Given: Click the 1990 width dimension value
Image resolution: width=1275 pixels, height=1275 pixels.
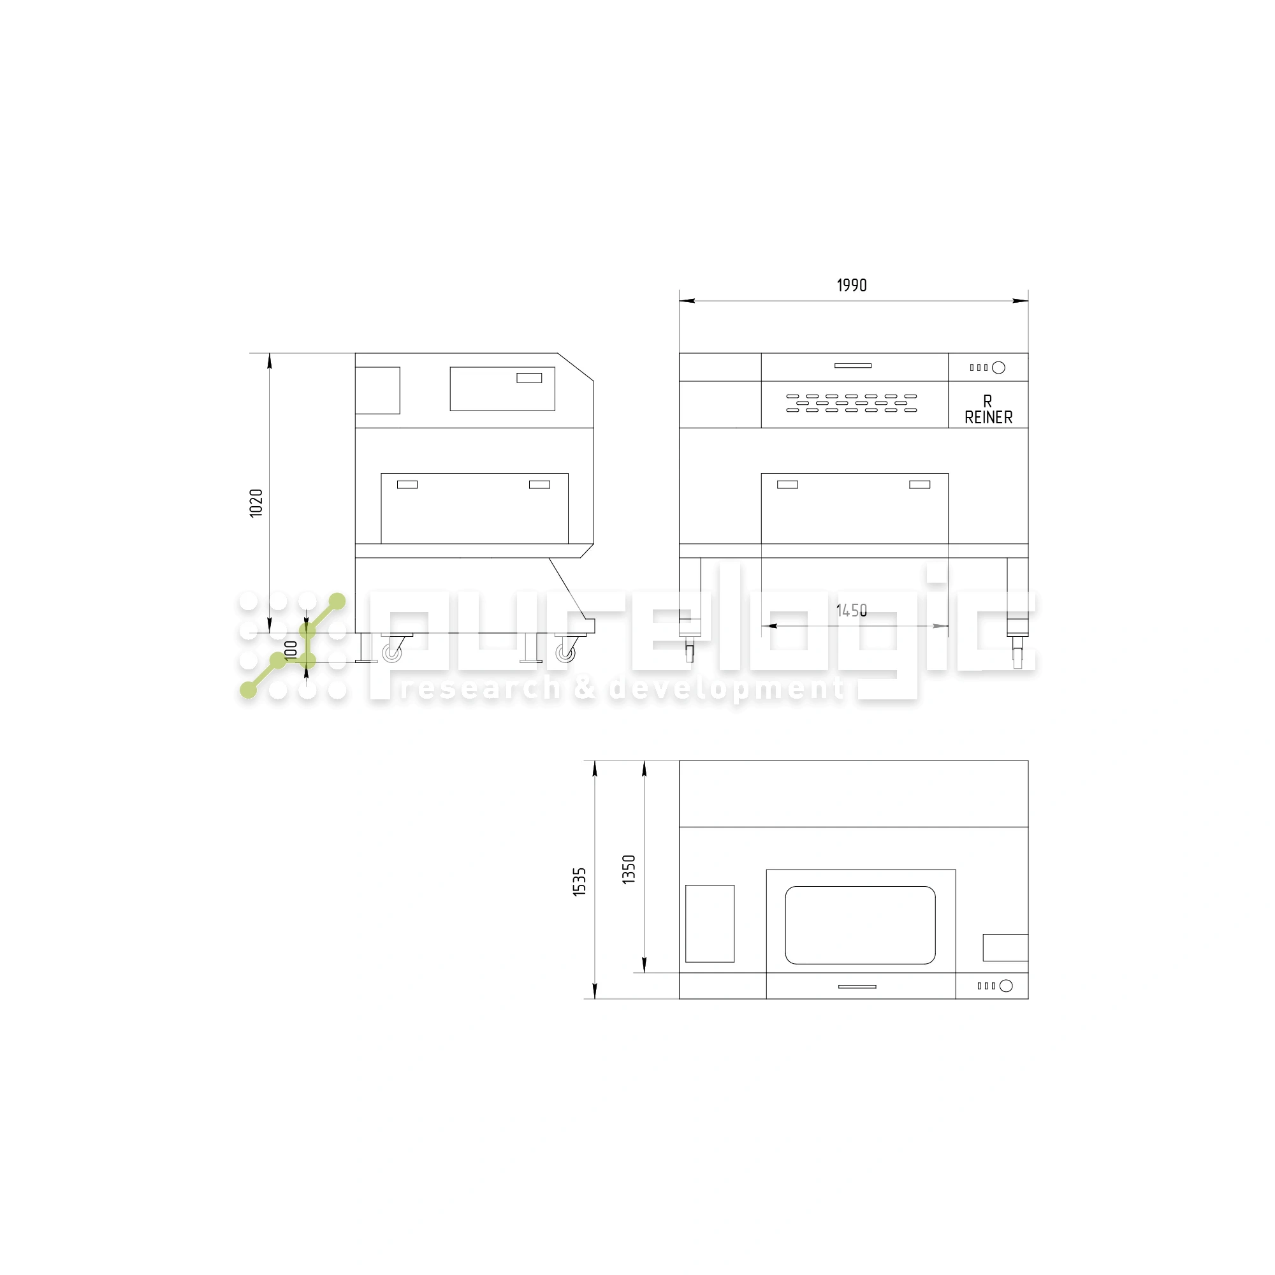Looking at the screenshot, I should tap(851, 285).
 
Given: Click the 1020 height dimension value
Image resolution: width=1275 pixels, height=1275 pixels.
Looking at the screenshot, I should tap(256, 503).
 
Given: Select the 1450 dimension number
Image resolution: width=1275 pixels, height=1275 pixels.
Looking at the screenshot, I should tap(851, 611).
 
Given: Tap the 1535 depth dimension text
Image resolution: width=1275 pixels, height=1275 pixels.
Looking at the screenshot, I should tap(579, 882).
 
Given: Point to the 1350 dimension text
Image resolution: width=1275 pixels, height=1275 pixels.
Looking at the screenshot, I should tap(629, 869).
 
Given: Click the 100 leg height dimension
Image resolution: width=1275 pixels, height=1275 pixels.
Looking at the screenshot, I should tap(290, 650).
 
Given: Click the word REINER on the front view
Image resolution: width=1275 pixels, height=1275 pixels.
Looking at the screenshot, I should tap(988, 418).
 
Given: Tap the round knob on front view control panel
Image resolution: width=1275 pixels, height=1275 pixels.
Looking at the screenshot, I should tap(998, 368).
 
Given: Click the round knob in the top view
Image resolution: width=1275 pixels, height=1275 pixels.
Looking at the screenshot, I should tap(1006, 986).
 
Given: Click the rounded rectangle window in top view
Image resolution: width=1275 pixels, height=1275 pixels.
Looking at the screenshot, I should tap(860, 925).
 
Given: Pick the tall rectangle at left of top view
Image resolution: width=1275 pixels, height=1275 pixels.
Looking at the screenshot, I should tap(710, 923).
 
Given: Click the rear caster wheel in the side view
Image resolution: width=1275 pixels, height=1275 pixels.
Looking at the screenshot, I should tap(392, 653).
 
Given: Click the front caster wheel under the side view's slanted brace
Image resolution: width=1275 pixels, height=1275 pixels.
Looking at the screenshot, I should tap(565, 653).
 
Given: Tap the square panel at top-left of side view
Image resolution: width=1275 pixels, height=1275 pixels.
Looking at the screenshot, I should tap(377, 390).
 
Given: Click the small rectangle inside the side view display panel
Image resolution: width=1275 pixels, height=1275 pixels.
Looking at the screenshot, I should tap(529, 378).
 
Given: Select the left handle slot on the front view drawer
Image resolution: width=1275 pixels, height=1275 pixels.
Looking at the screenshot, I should tap(787, 484).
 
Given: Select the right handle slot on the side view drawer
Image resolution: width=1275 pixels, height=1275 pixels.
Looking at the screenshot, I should tap(539, 484).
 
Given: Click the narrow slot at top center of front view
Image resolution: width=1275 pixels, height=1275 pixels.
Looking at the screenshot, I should tap(852, 365).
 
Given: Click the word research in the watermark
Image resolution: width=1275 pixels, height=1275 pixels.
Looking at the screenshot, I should tap(480, 689).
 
